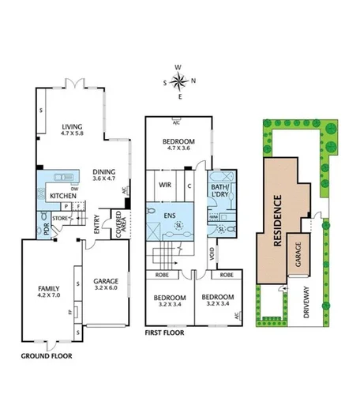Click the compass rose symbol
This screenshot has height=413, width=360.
[180, 79]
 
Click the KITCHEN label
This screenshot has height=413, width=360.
[63, 195]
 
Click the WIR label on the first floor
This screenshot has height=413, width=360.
[165, 185]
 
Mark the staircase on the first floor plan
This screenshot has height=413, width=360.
[165, 254]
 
